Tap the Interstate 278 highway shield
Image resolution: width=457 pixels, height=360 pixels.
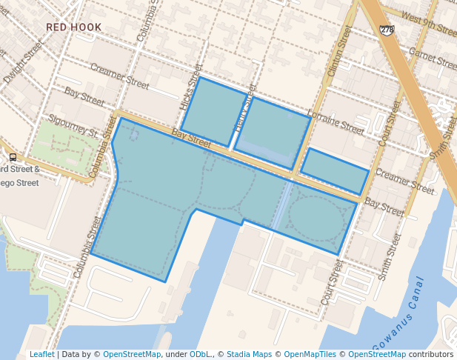(x=386, y=30)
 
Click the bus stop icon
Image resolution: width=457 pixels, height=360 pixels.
(x=13, y=157)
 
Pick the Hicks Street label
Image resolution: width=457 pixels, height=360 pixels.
(x=190, y=87)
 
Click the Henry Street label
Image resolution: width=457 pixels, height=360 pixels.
(x=244, y=112)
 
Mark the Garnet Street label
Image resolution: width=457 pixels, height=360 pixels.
(x=431, y=59)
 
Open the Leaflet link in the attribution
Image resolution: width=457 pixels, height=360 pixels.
(x=41, y=354)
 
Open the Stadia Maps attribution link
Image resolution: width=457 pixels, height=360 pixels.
(x=249, y=354)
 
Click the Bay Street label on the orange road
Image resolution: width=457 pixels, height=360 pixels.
(x=191, y=136)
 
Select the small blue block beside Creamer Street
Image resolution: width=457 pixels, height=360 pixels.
(x=334, y=171)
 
